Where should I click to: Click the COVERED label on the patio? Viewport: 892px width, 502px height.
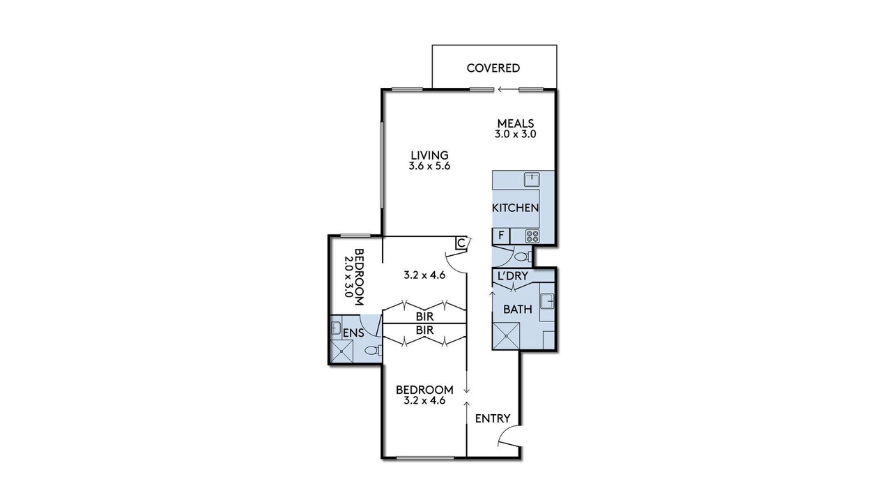[x=493, y=68]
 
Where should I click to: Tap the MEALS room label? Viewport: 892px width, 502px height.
[x=515, y=123]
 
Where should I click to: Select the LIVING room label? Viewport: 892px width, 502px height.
[x=430, y=155]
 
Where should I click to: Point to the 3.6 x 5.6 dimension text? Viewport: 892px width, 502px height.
[x=429, y=166]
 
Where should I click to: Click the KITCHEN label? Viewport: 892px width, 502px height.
[x=515, y=208]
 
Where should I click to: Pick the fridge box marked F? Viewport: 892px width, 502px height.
[x=501, y=236]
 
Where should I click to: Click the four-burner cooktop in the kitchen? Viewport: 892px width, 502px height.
[x=532, y=236]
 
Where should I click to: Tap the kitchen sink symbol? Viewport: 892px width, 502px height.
[x=531, y=180]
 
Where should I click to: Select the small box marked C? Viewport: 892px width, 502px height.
[x=461, y=243]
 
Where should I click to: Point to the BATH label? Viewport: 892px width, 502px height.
[x=518, y=309]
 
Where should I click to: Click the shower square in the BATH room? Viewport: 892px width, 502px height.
[x=506, y=336]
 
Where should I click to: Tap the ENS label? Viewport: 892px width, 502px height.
[x=353, y=333]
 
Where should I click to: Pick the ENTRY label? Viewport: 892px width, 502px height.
[x=493, y=418]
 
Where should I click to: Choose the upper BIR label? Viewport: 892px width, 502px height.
[x=424, y=317]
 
